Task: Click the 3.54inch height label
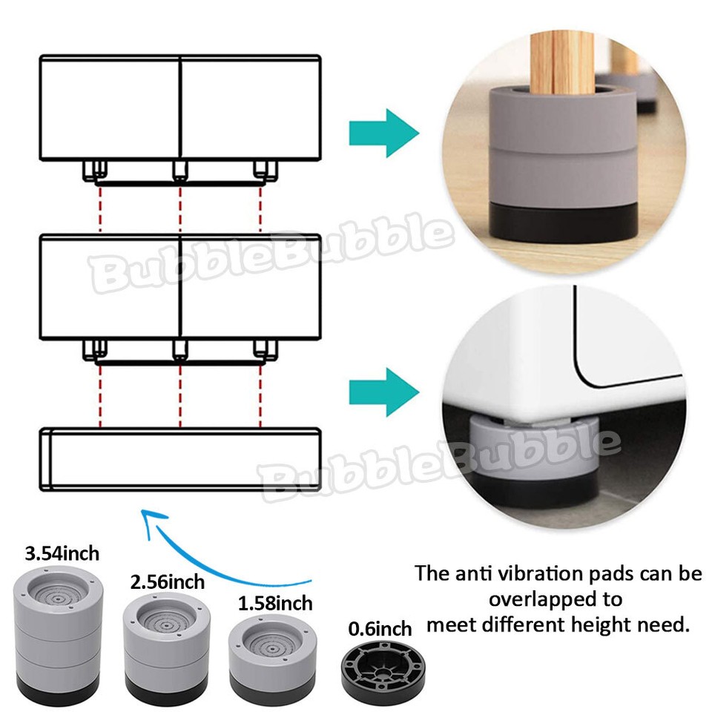(x=62, y=553)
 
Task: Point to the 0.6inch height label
(x=380, y=629)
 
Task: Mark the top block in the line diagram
(x=180, y=108)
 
